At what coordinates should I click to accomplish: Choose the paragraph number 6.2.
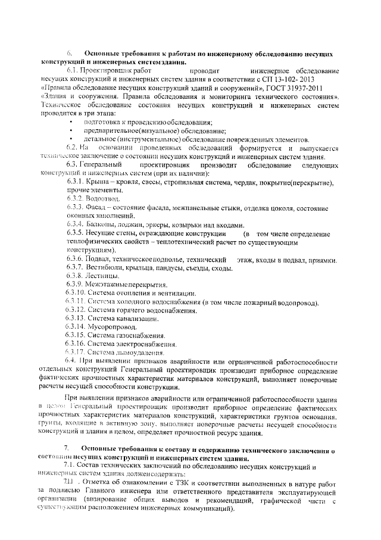click(x=72, y=148)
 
